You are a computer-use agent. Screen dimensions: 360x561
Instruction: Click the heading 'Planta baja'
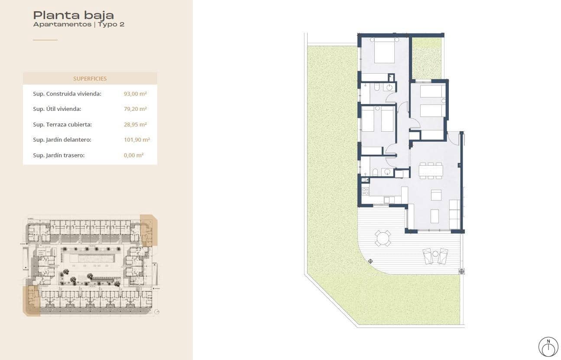coord(73,15)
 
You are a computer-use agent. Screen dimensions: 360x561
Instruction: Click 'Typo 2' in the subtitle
coord(111,25)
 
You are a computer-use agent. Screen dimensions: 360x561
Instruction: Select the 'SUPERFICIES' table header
coord(90,78)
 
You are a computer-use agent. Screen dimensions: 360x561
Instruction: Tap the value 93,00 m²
coord(135,94)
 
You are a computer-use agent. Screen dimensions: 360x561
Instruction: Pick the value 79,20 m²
coord(135,109)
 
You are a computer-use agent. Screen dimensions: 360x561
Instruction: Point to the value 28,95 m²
coord(135,125)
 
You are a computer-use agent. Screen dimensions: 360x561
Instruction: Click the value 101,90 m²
coord(136,140)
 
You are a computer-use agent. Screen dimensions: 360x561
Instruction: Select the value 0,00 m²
coord(133,155)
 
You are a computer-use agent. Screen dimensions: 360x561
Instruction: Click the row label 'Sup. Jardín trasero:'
coord(58,155)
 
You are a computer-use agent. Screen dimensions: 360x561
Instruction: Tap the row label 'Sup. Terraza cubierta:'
coord(62,125)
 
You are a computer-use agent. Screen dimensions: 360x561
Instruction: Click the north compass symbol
coord(548,347)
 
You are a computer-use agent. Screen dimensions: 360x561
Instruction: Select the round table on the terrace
coord(383,238)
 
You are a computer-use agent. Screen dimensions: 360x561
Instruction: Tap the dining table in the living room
coord(430,170)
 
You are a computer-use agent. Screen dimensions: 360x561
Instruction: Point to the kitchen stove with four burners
coord(365,190)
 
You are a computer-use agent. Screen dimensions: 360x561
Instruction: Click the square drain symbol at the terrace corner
coord(461,272)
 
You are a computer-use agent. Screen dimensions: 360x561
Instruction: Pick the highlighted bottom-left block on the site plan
coord(31,300)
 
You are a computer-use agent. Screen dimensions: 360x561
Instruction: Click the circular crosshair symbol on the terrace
coord(370,261)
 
